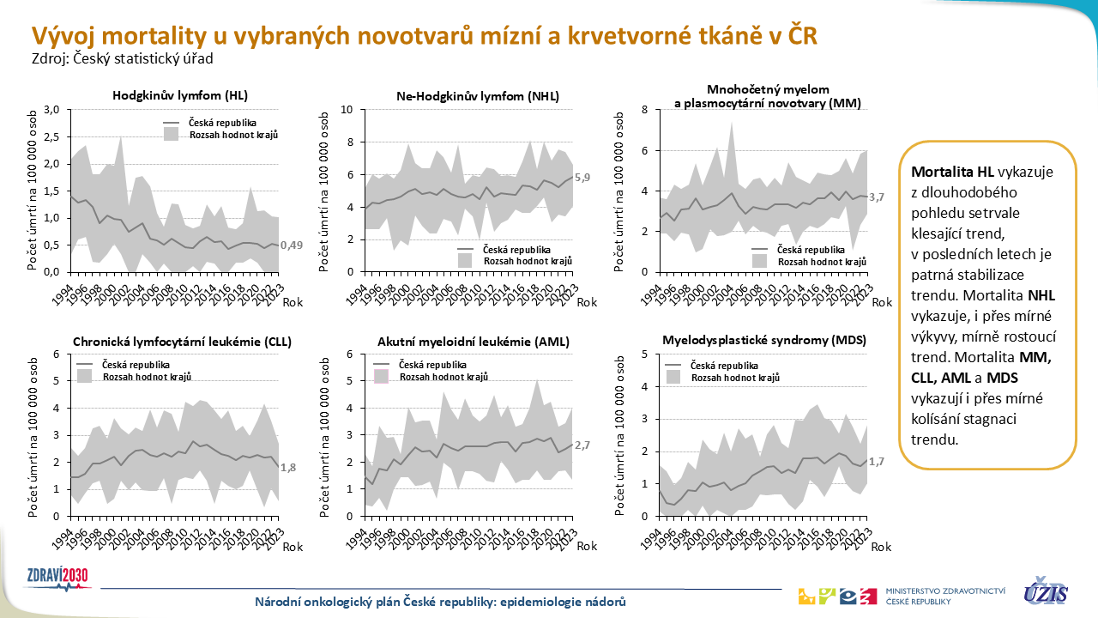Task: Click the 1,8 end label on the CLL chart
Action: [290, 468]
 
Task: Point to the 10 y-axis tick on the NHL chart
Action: [347, 110]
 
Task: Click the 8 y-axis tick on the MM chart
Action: [646, 110]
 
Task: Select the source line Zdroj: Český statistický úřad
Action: [122, 59]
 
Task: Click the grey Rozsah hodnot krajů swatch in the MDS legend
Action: [678, 377]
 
